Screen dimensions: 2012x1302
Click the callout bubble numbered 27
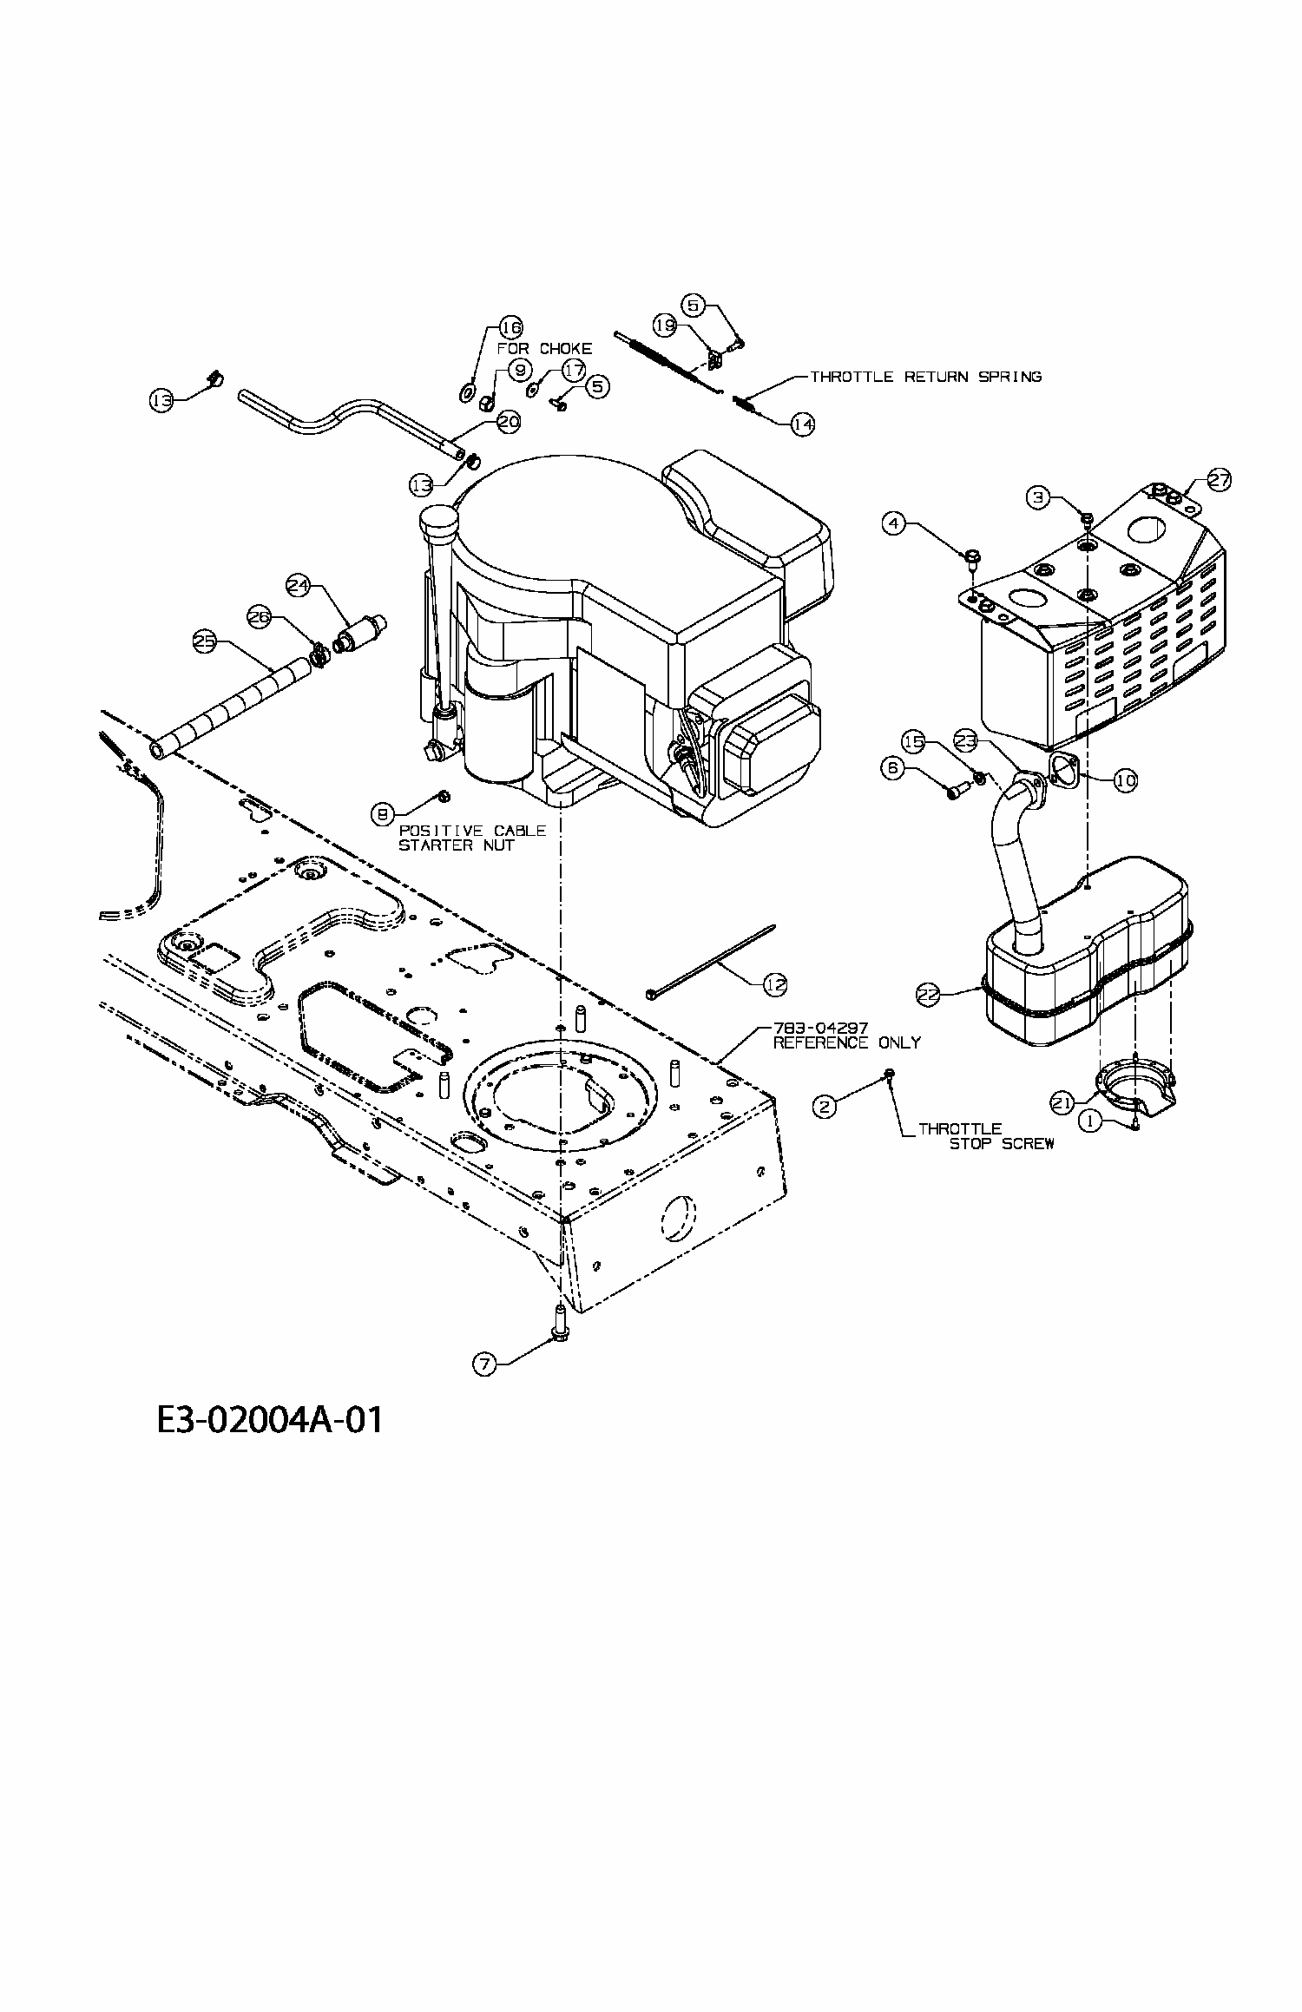pos(1220,480)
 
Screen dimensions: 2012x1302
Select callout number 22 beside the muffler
pos(929,994)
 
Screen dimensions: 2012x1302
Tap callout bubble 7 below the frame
pos(484,1364)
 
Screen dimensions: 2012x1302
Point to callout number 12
pos(775,983)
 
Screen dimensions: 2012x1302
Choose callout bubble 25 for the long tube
pos(204,641)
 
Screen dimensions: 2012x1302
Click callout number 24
pos(299,586)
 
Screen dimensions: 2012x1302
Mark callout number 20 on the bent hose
pos(508,422)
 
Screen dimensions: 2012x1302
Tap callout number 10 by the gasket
pos(1125,780)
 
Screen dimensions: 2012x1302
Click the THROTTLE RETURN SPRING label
pos(925,377)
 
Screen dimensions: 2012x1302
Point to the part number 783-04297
pos(819,1029)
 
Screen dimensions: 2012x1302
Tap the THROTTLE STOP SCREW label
pos(985,1136)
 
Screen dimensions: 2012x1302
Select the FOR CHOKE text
pos(544,348)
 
